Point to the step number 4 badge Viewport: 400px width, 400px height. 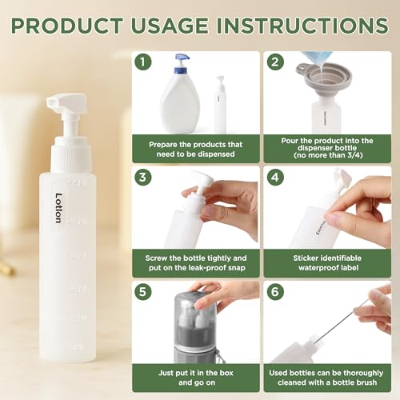(x=274, y=177)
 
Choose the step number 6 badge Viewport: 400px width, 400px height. (x=274, y=292)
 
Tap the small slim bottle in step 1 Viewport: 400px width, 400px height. (x=219, y=104)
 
